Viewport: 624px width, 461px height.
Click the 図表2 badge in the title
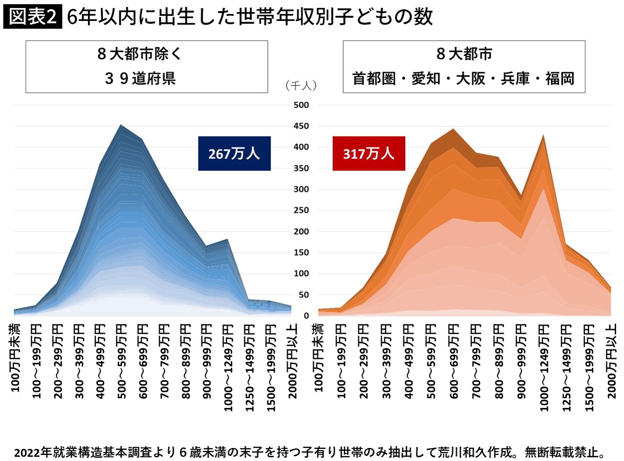click(33, 17)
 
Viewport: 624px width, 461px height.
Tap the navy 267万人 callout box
click(234, 154)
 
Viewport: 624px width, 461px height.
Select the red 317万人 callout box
click(369, 154)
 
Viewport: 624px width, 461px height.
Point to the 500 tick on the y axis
click(301, 105)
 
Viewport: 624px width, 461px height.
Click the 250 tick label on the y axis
click(301, 210)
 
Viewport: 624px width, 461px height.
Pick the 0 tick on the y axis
click(306, 316)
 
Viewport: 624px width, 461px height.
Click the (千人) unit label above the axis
click(301, 86)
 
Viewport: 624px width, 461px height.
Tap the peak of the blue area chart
click(121, 126)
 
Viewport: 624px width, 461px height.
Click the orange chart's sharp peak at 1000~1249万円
click(543, 136)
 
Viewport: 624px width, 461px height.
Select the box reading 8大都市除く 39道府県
click(147, 67)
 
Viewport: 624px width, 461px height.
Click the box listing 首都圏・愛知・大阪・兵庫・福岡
click(464, 67)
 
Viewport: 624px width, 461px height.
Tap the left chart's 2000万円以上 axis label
click(292, 361)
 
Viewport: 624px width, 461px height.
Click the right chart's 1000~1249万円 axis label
click(543, 368)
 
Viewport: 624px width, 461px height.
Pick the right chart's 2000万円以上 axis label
click(611, 361)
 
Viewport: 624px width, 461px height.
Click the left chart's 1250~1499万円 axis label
click(250, 368)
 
